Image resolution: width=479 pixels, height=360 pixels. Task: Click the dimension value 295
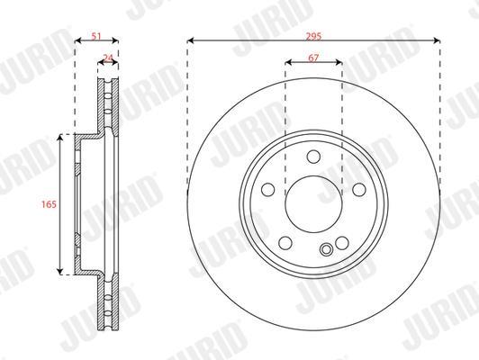point(313,36)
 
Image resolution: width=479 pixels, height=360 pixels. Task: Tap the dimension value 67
point(313,58)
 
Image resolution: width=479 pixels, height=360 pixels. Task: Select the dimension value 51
point(96,36)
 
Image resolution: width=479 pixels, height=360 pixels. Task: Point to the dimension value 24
point(108,58)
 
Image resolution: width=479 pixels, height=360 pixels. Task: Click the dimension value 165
point(50,204)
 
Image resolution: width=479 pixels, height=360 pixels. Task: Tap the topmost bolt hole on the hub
point(313,157)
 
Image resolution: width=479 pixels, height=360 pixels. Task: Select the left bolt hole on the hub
point(268,190)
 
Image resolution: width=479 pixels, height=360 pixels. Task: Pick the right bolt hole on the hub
point(359,190)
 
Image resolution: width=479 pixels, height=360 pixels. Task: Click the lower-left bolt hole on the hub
point(285,243)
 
